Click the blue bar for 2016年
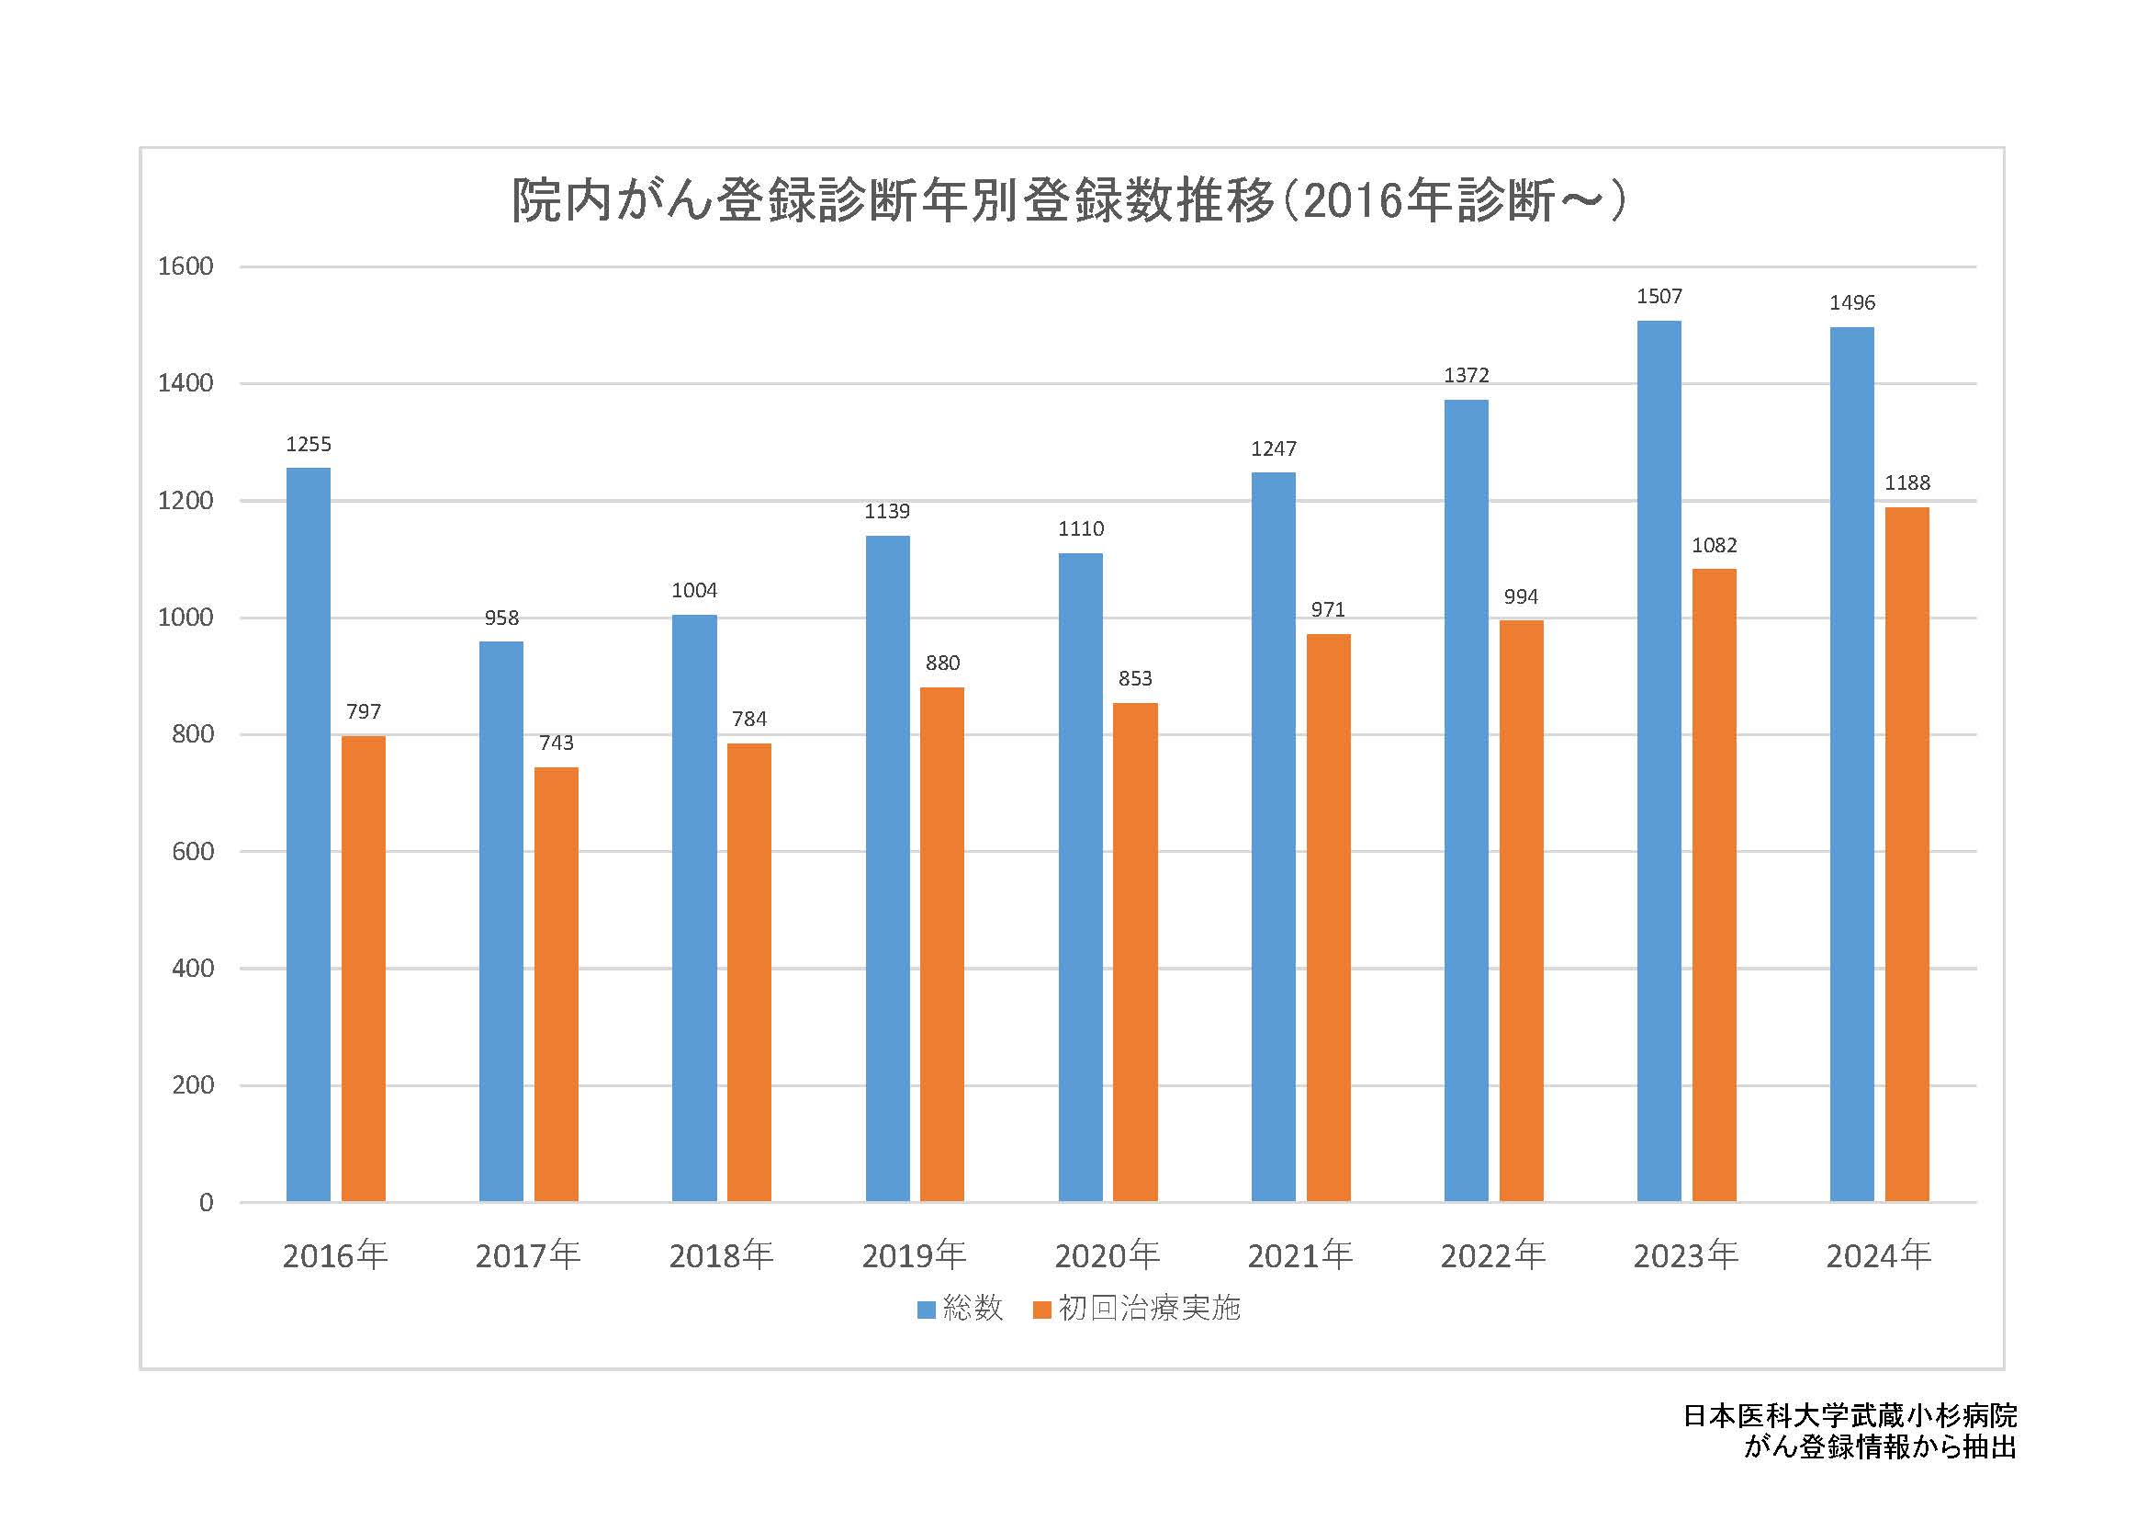point(308,834)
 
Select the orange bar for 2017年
point(556,983)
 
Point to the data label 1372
point(1466,375)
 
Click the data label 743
point(556,743)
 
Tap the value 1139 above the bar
point(887,511)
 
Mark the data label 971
point(1328,610)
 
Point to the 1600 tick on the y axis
point(186,267)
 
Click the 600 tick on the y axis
point(193,852)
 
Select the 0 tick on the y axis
point(207,1203)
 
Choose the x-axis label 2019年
point(914,1255)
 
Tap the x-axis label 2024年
point(1879,1255)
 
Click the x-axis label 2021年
point(1300,1255)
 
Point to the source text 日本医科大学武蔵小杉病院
point(1850,1415)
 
